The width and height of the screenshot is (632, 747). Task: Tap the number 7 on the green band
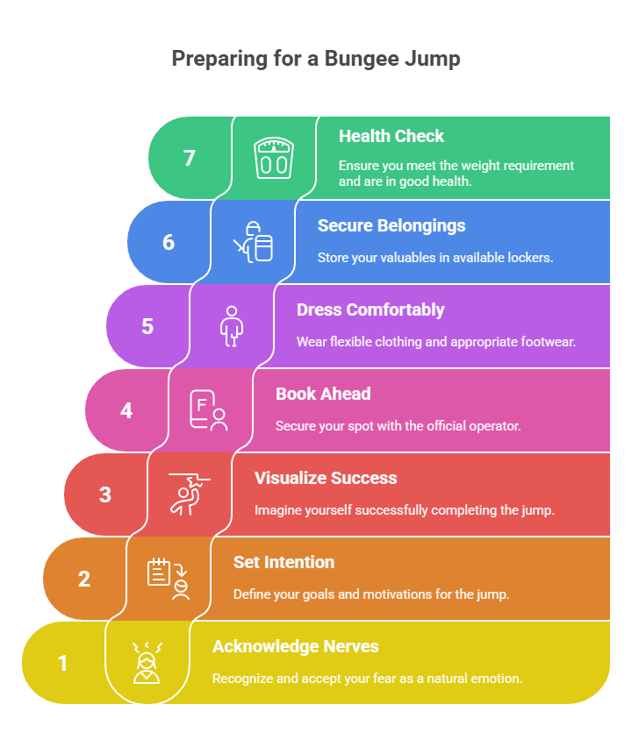pyautogui.click(x=190, y=158)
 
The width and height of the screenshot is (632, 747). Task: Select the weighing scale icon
pyautogui.click(x=273, y=158)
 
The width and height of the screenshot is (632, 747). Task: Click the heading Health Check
pyautogui.click(x=391, y=136)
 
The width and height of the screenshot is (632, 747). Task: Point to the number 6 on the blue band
pyautogui.click(x=169, y=243)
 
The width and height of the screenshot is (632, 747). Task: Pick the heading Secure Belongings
pyautogui.click(x=391, y=226)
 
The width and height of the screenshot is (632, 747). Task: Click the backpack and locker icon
pyautogui.click(x=253, y=241)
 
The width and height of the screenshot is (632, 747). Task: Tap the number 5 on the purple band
pyautogui.click(x=147, y=327)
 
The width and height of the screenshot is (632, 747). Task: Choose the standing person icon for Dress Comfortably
pyautogui.click(x=232, y=326)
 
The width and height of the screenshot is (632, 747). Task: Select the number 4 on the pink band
pyautogui.click(x=126, y=410)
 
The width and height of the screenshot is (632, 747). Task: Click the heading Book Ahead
pyautogui.click(x=323, y=394)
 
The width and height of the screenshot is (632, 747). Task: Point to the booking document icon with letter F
pyautogui.click(x=208, y=410)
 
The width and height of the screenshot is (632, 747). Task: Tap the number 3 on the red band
pyautogui.click(x=105, y=495)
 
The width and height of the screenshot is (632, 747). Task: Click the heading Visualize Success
pyautogui.click(x=326, y=479)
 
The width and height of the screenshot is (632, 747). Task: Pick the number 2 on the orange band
pyautogui.click(x=84, y=580)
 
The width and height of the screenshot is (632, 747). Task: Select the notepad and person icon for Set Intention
pyautogui.click(x=169, y=579)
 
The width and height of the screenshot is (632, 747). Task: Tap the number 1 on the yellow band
pyautogui.click(x=62, y=664)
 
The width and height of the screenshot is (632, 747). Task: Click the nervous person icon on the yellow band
pyautogui.click(x=147, y=663)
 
